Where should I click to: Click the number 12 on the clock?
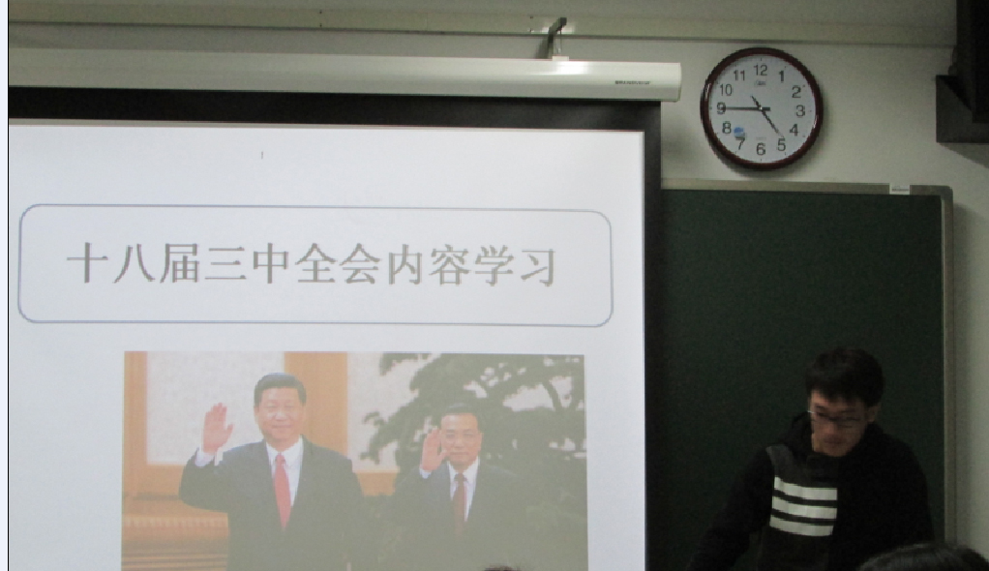761,70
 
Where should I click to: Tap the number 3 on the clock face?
799,111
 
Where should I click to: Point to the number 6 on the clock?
761,150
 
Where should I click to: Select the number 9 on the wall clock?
722,108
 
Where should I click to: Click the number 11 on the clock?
739,76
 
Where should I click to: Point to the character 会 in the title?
360,264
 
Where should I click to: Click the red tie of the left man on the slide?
282,490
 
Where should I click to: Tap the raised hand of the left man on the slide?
217,428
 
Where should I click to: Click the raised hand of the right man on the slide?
432,447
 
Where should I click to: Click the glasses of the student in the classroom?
834,418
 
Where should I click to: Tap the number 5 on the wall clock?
782,145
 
